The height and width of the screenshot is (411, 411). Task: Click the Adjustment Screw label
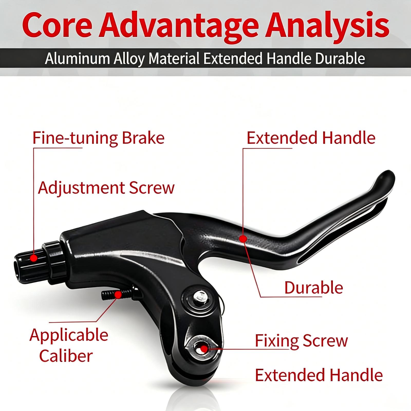point(106,188)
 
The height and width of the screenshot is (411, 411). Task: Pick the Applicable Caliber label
point(69,345)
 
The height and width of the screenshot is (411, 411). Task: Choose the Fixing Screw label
point(301,341)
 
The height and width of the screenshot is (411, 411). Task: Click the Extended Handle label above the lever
point(311,138)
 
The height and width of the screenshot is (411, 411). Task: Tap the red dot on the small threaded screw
point(118,295)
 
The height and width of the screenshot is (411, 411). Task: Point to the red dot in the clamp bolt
point(204,349)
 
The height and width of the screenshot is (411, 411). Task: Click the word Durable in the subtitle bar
point(340,59)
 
